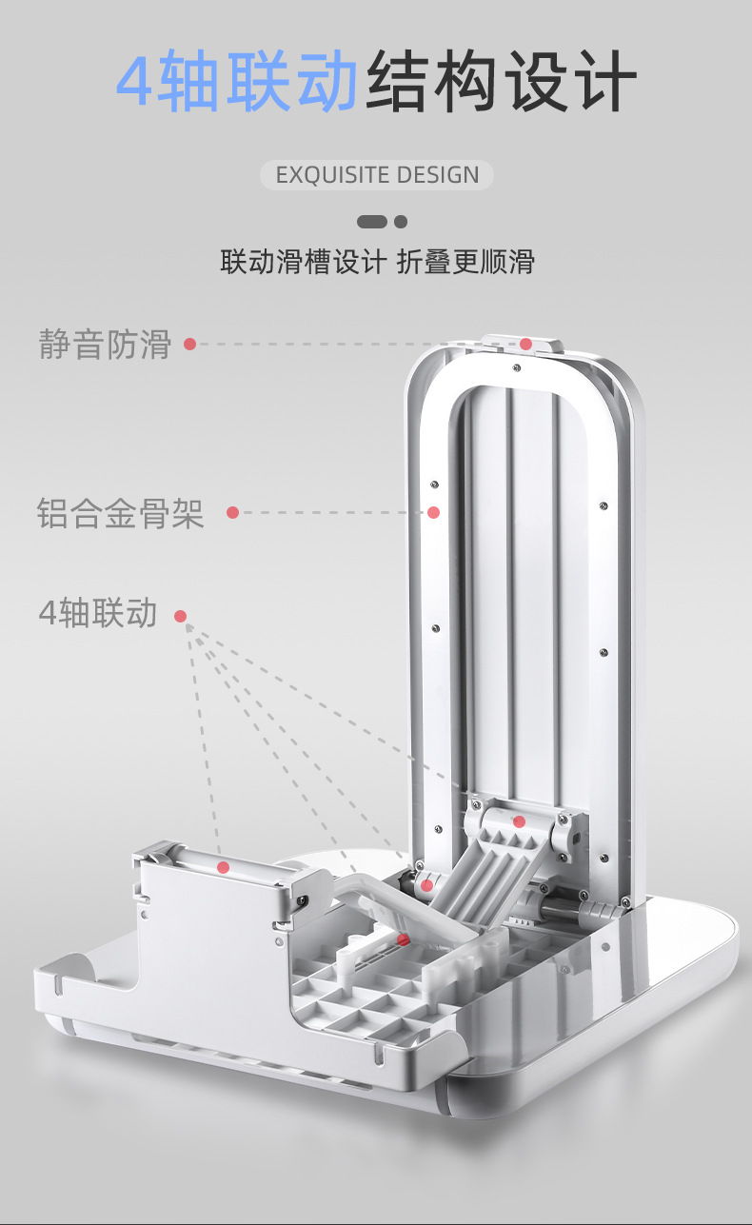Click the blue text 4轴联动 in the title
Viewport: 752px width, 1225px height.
(x=237, y=82)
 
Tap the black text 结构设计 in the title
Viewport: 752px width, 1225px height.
(x=501, y=82)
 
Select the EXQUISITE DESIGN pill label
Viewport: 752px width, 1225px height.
(x=377, y=175)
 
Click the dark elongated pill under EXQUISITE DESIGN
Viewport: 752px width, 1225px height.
(x=372, y=222)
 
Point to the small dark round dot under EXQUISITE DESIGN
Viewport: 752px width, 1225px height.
(x=401, y=222)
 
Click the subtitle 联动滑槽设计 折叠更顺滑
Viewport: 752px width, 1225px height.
(x=377, y=262)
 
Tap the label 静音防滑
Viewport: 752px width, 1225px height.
(x=105, y=344)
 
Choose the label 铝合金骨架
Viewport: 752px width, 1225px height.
(x=121, y=513)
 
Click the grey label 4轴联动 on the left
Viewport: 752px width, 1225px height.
(x=98, y=614)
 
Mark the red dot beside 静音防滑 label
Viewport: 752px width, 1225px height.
(x=189, y=344)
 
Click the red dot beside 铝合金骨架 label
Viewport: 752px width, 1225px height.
(x=232, y=513)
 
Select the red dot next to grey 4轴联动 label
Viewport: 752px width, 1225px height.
(x=180, y=617)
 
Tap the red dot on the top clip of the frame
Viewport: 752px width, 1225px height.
(x=525, y=344)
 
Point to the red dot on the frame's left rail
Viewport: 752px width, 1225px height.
(x=433, y=512)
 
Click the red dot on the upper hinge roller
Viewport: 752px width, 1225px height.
(x=519, y=820)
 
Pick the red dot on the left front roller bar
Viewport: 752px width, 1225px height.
(x=223, y=867)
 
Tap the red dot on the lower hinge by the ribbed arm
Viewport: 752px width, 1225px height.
(x=426, y=885)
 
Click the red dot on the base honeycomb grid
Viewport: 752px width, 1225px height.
(x=403, y=939)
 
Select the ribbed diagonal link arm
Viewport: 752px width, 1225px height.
(x=476, y=876)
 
